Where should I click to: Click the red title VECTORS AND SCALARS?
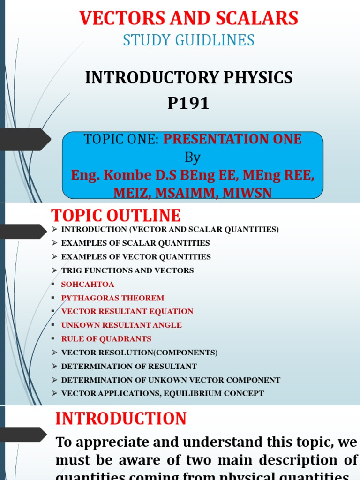click(x=188, y=18)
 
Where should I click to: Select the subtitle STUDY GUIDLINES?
click(x=188, y=40)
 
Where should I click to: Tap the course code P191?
click(x=188, y=104)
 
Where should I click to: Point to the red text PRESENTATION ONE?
click(x=232, y=139)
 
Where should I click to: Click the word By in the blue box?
click(x=193, y=157)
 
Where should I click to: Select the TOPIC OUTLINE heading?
click(x=115, y=216)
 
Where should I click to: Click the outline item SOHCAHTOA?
click(x=88, y=285)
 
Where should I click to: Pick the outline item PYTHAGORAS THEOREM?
click(x=112, y=298)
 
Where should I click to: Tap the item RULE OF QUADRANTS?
click(x=106, y=339)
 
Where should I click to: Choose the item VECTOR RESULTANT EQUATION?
click(x=127, y=312)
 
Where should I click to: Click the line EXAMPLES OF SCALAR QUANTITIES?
click(x=135, y=243)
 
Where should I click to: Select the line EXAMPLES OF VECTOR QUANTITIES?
click(x=136, y=257)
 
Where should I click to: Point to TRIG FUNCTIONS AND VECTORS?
click(x=127, y=270)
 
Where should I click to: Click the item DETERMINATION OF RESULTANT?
click(x=129, y=367)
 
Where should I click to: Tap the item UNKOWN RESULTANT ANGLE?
click(x=121, y=325)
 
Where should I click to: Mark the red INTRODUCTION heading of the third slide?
click(x=121, y=419)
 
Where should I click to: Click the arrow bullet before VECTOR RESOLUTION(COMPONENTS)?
click(x=54, y=352)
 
